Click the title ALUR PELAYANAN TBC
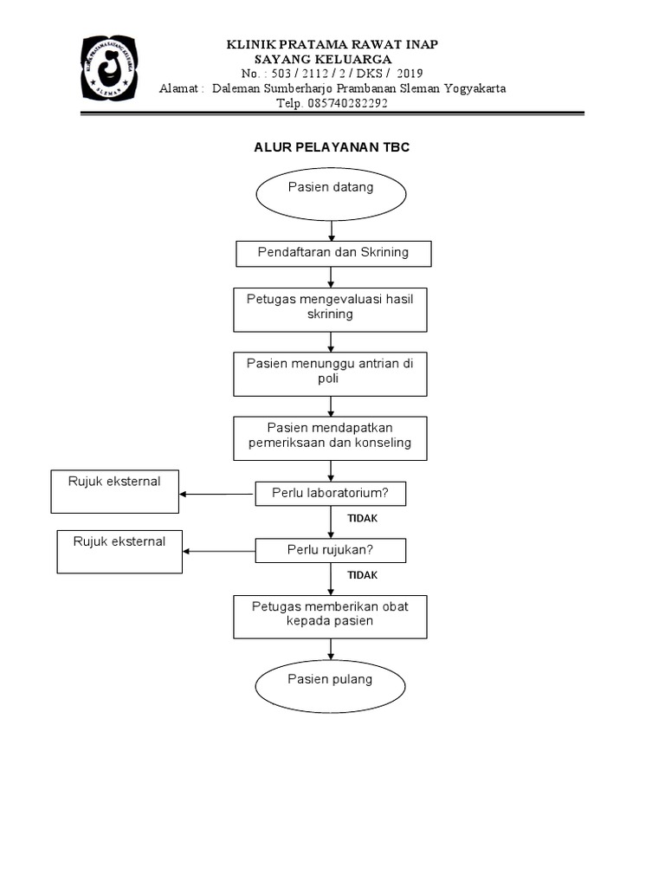coord(332,148)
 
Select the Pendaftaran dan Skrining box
coord(333,253)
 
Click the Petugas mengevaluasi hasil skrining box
coord(331,309)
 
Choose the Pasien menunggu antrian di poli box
coord(331,372)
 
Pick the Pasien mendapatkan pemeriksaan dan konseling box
coord(331,437)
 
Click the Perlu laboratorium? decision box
coord(331,494)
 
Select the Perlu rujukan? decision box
coord(331,550)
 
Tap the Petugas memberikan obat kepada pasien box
coord(331,615)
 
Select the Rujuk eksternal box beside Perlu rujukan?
coord(119,552)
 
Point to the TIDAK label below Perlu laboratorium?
coord(363,518)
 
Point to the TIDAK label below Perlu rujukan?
coord(363,574)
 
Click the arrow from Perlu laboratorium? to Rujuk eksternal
coord(216,495)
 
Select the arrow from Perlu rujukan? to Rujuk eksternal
coord(219,551)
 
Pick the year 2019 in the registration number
coord(409,73)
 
